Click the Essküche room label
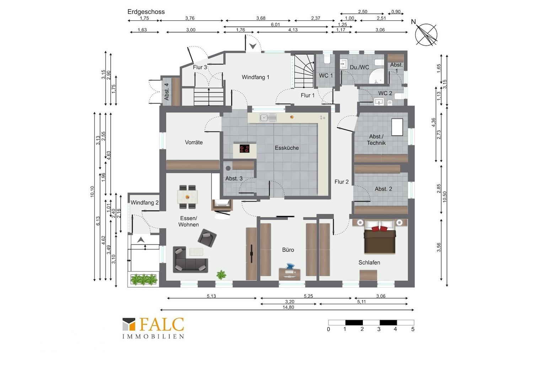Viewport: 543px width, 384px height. coord(286,148)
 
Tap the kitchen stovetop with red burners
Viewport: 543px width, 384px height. coord(244,149)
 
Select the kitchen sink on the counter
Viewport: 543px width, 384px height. coord(268,118)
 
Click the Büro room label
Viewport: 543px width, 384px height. coord(288,250)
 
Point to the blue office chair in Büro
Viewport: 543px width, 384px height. coord(290,266)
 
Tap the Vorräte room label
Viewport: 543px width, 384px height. coord(194,142)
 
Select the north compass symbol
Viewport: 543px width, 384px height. coord(425,34)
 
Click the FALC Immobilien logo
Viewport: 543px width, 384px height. coord(153,328)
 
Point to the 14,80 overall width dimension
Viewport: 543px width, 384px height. coord(288,307)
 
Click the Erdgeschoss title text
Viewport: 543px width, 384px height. coord(146,12)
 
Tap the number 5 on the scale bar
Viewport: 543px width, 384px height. coord(413,329)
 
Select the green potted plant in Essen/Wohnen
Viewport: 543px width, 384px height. coord(221,275)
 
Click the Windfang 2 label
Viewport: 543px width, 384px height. coord(145,203)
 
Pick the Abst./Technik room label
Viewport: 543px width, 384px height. coord(376,140)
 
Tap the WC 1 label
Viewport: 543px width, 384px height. coord(326,76)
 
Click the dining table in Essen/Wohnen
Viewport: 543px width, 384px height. coord(187,197)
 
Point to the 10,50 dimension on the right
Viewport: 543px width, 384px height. coord(444,197)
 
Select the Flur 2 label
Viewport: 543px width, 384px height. coord(341,182)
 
